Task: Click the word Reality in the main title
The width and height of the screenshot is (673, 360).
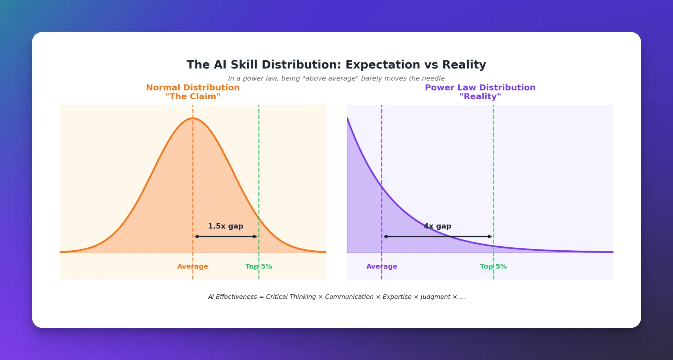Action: click(464, 65)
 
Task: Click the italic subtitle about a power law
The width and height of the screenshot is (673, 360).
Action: click(336, 78)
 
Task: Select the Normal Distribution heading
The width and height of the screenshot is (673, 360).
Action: click(193, 87)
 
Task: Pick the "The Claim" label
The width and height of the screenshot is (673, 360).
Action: click(193, 97)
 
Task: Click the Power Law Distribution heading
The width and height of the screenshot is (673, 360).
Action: click(480, 87)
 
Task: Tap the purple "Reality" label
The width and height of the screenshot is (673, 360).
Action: click(480, 97)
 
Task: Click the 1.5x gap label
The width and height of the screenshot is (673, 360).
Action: click(225, 226)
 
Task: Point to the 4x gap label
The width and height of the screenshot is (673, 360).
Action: click(437, 226)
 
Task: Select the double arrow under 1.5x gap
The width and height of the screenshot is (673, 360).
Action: click(226, 237)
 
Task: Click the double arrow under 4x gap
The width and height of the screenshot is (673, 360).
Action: click(437, 237)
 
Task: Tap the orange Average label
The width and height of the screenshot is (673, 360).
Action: click(192, 266)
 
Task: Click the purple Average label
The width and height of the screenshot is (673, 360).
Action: click(382, 266)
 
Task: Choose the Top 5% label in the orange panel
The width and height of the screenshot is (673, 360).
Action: click(258, 266)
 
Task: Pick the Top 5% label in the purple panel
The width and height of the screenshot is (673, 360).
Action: click(493, 266)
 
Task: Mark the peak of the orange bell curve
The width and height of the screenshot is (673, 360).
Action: click(193, 118)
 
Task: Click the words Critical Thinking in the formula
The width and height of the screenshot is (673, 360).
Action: click(291, 297)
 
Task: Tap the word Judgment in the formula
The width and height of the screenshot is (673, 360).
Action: click(435, 297)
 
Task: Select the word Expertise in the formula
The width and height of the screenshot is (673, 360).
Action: click(397, 297)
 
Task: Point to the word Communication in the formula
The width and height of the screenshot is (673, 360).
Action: click(349, 297)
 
